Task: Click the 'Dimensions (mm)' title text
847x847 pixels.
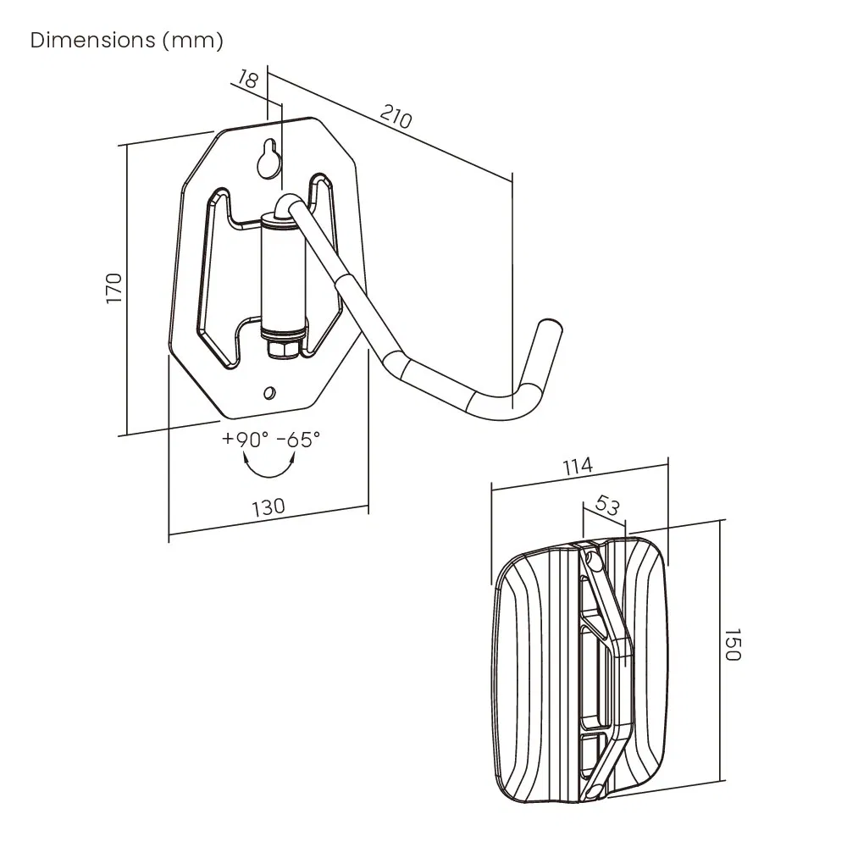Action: (127, 41)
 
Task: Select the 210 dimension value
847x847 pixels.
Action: (395, 118)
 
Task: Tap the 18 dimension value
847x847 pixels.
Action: (247, 80)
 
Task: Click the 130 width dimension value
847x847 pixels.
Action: (268, 507)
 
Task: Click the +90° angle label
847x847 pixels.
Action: (245, 440)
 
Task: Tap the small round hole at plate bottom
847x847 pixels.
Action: (269, 392)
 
